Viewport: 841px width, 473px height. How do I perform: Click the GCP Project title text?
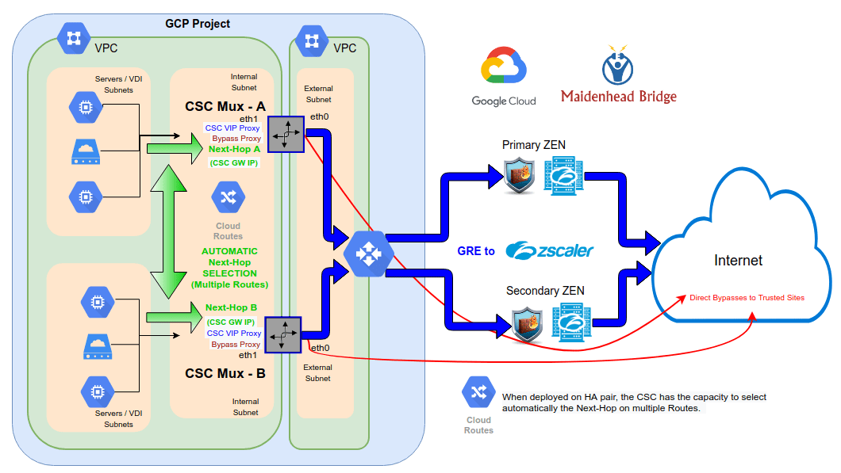click(198, 24)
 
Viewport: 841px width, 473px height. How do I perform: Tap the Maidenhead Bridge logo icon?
click(618, 67)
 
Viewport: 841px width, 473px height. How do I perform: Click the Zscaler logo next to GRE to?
click(549, 250)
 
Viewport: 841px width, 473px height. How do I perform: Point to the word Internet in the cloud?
click(738, 261)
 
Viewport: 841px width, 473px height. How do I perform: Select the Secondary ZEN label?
click(544, 291)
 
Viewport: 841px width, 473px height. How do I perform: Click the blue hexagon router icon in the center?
click(367, 253)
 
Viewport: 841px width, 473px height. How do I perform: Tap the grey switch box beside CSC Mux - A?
click(286, 134)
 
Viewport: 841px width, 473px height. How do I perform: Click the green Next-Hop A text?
click(234, 149)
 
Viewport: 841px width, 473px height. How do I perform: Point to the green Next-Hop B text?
click(231, 308)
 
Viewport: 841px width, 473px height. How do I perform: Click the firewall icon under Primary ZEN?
click(520, 177)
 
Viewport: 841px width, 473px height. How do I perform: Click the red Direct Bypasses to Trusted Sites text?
click(747, 298)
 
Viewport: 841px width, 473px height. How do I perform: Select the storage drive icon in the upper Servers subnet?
click(86, 151)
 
